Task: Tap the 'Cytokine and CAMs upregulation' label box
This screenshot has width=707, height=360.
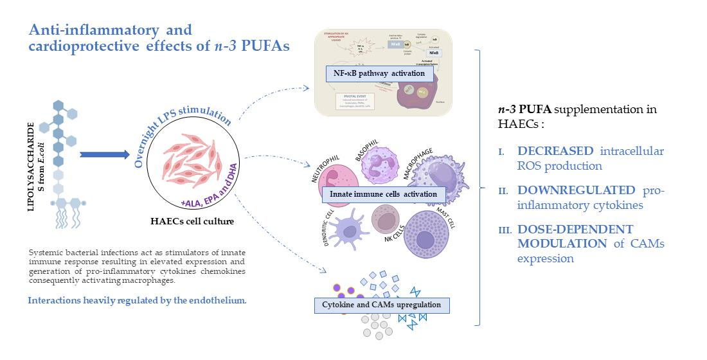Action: click(382, 304)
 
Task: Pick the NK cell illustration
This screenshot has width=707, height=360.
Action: click(389, 222)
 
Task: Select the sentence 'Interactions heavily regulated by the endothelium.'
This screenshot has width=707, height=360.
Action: click(136, 300)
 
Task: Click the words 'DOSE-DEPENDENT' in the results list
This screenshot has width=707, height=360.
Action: click(566, 230)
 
